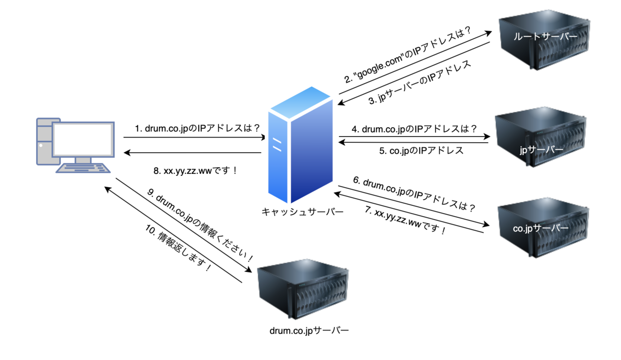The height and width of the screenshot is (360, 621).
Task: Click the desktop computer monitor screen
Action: coord(83,140)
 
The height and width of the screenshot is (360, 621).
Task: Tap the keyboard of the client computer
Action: coord(83,168)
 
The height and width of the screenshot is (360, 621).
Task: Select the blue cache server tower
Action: coord(301,145)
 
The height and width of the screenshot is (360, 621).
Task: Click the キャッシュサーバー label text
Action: coord(302,212)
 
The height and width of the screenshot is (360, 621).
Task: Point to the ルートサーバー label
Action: coord(545,37)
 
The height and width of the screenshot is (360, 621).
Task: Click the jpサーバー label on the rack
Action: coord(541,150)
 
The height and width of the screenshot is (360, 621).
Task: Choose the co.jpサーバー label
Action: coord(541,228)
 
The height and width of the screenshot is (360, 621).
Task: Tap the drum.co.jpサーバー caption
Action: coord(309,331)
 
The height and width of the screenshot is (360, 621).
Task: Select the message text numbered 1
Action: coord(197,128)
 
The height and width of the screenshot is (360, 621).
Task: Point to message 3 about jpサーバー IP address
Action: coord(420,82)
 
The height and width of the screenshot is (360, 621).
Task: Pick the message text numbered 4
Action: coord(415,129)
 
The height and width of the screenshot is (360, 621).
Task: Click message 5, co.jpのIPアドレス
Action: coord(421,151)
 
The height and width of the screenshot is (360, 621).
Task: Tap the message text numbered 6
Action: coord(414,194)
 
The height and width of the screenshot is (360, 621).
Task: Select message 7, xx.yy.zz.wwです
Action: coord(405,220)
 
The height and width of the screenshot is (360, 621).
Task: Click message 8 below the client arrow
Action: coord(195,171)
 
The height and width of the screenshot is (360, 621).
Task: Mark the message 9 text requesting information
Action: coord(200,225)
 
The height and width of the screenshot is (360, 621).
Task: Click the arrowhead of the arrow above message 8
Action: coord(127,153)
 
